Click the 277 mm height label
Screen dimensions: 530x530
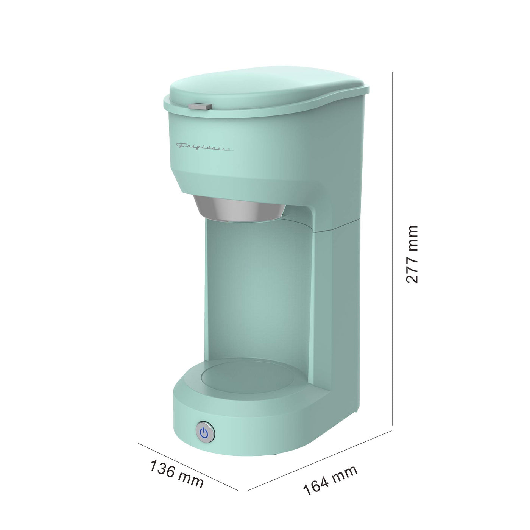pyautogui.click(x=412, y=254)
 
